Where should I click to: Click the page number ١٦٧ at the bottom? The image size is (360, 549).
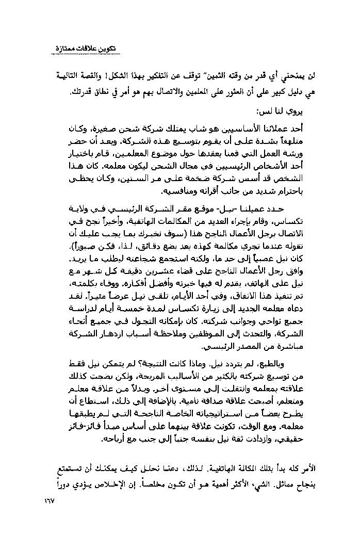click(x=47, y=501)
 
